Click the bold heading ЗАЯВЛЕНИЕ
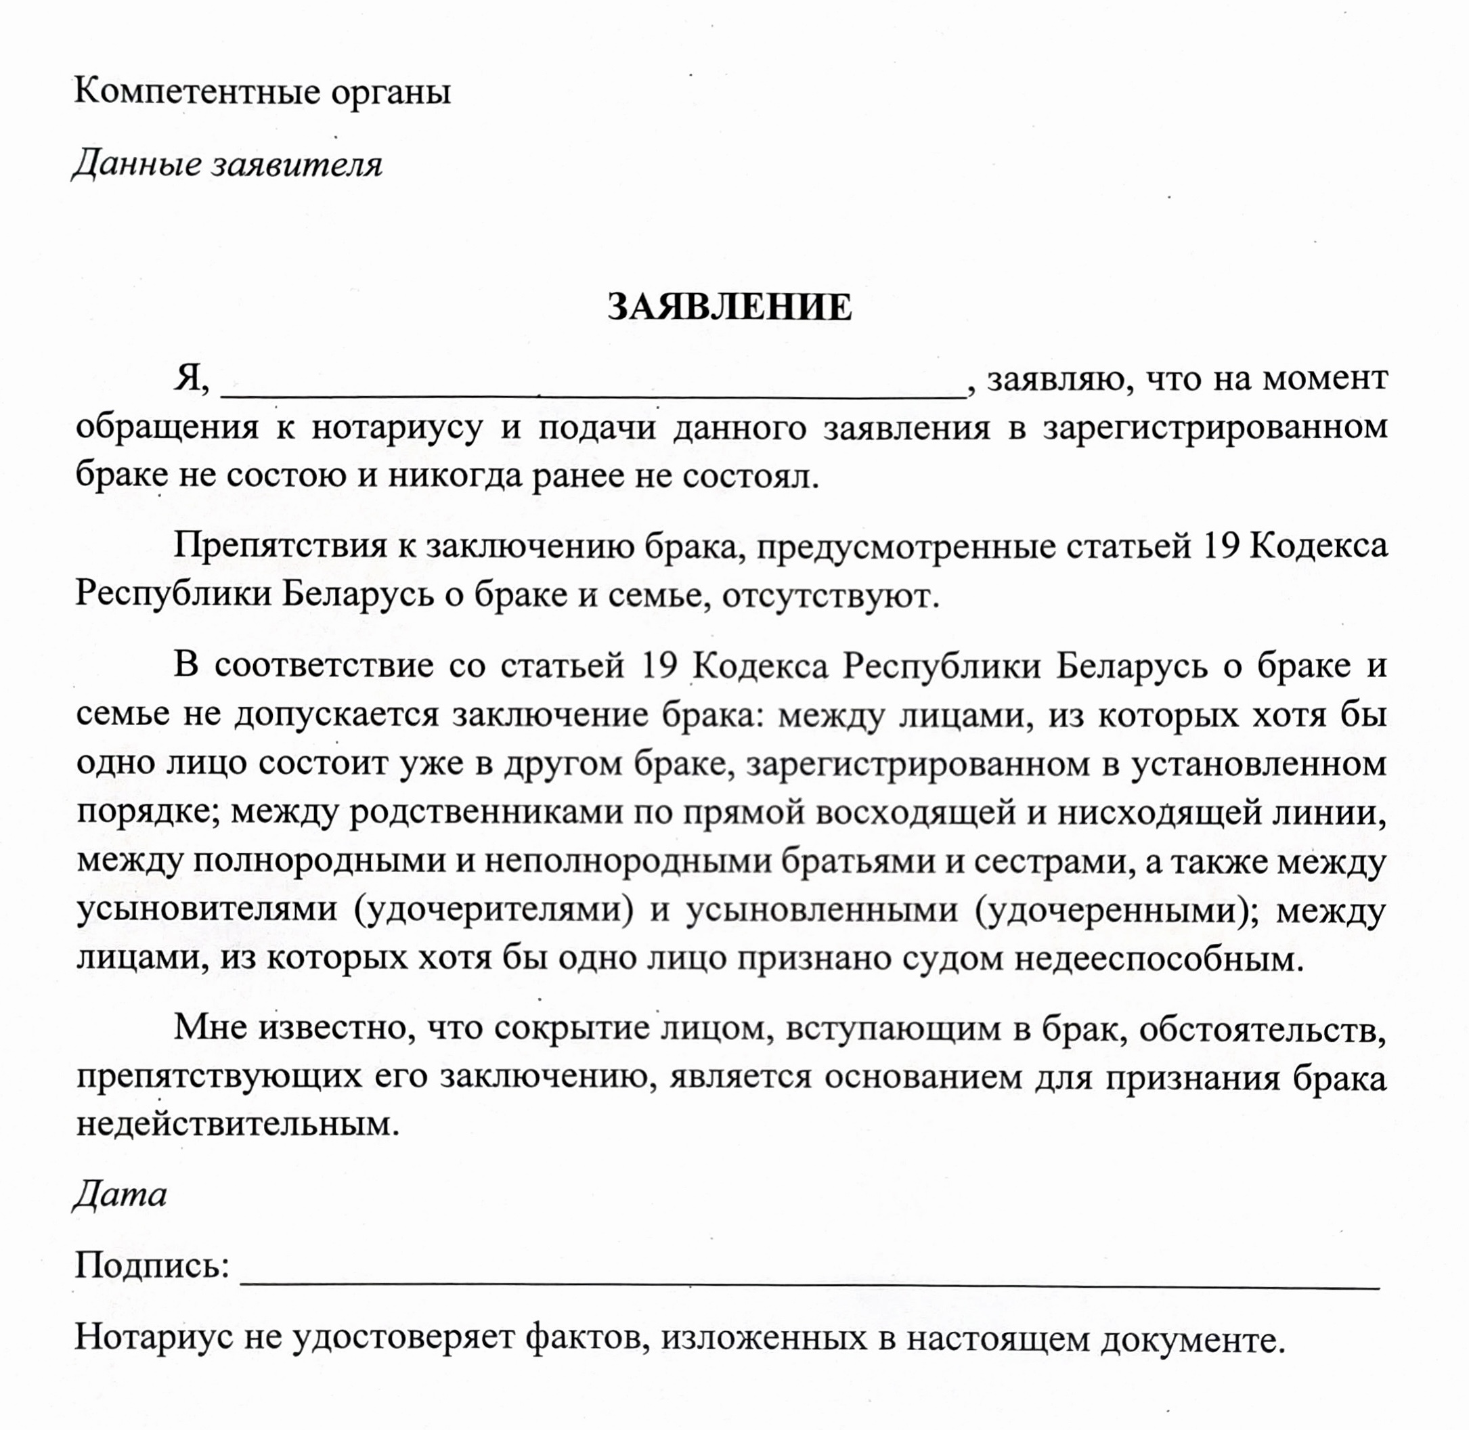point(729,307)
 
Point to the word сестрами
point(1051,861)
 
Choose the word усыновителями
point(207,910)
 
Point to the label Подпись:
point(152,1266)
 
